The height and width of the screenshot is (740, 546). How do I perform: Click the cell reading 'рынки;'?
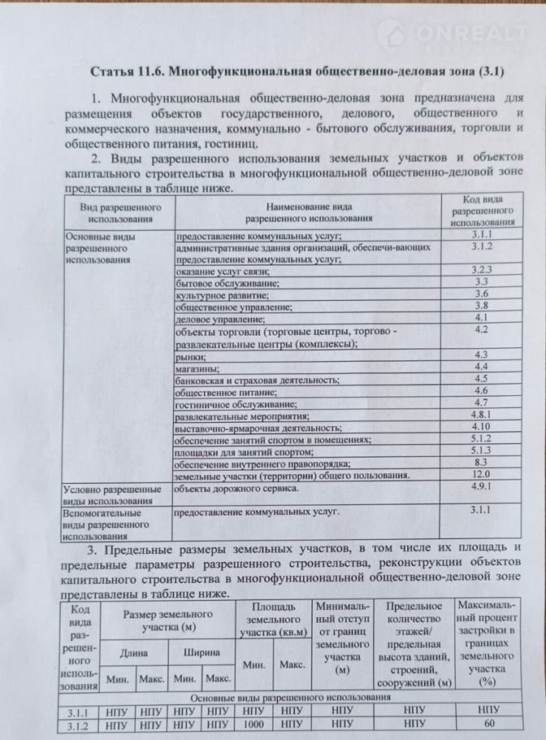[x=191, y=356]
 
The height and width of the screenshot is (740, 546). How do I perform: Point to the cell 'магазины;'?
[x=197, y=368]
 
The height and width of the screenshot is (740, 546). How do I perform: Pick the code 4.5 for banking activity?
[x=480, y=379]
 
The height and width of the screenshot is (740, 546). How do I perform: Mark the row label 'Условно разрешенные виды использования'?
[x=112, y=496]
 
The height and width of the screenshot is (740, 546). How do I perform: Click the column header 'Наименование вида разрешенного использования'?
[x=308, y=212]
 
